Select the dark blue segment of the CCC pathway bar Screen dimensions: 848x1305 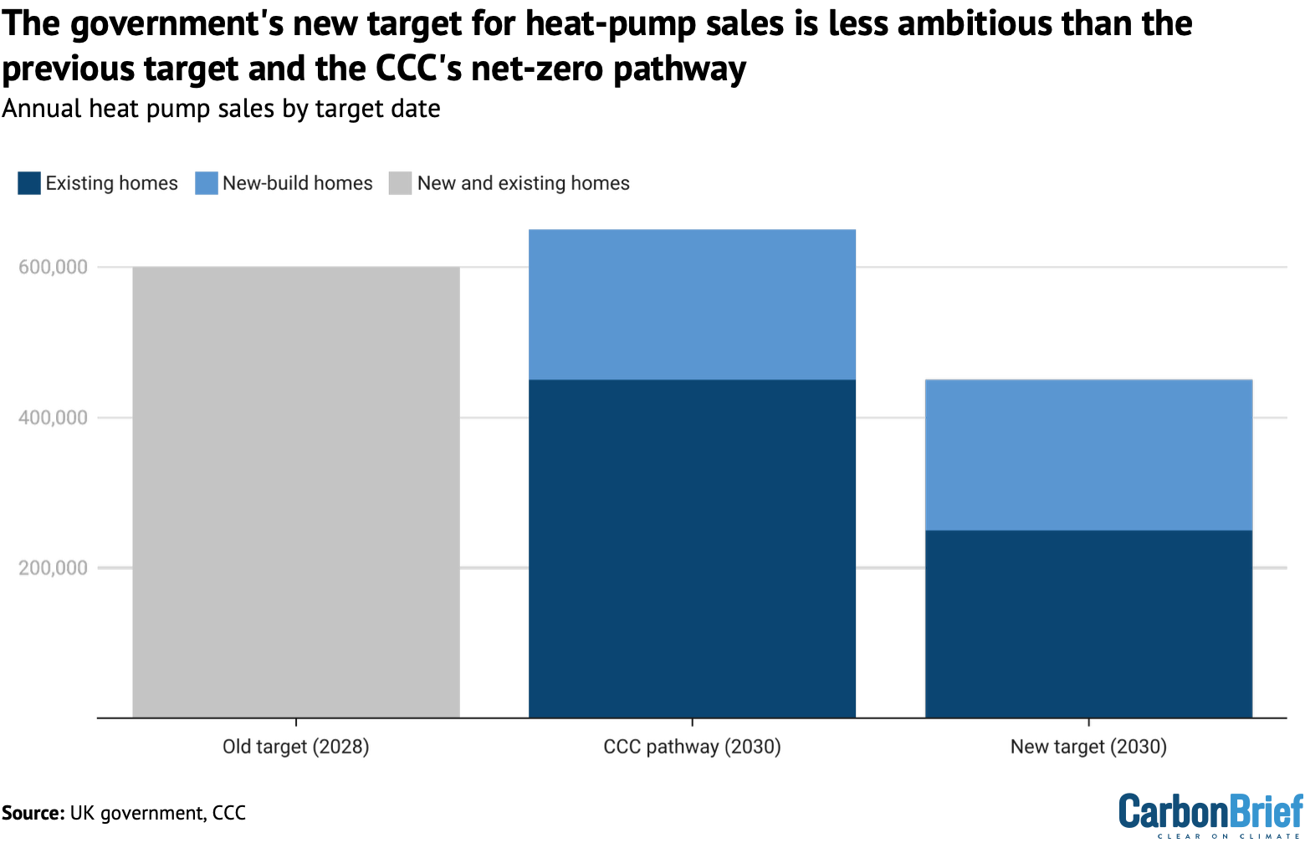point(692,549)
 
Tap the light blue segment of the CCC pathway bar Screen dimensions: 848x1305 point(692,304)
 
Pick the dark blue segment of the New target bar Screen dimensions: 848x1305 point(1088,624)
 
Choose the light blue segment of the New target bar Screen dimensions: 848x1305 point(1088,455)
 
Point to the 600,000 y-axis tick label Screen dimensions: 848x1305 point(53,268)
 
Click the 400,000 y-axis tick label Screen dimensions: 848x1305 point(53,417)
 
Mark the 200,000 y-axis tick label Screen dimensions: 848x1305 point(53,568)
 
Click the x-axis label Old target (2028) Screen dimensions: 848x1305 point(296,747)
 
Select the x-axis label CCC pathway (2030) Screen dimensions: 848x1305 point(692,747)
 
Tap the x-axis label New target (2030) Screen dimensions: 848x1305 point(1088,747)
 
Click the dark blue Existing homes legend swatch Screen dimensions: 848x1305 point(29,183)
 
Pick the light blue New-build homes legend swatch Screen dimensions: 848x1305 point(207,183)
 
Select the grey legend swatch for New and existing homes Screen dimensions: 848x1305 point(401,183)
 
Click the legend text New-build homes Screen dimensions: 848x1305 point(298,183)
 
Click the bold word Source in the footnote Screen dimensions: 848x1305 point(33,813)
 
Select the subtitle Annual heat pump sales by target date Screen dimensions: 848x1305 point(221,109)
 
